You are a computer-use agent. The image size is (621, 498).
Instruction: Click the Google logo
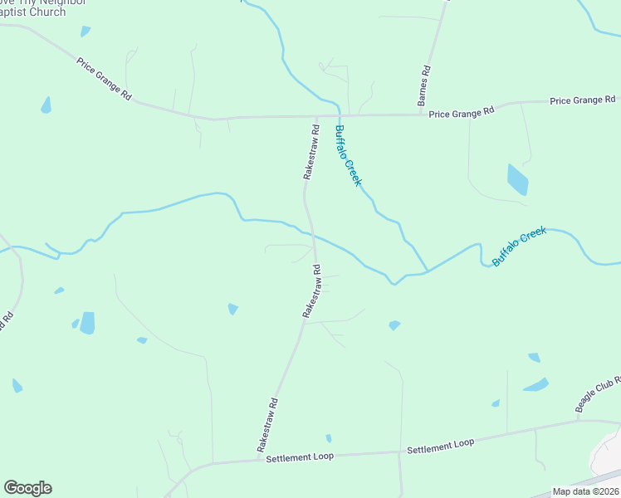[x=27, y=488]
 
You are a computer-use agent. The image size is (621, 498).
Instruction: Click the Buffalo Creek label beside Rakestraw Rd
[x=348, y=155]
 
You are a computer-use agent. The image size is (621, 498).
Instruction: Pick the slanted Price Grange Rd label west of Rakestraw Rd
[x=105, y=79]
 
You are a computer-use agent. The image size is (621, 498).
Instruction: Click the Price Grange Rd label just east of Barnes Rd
[x=462, y=112]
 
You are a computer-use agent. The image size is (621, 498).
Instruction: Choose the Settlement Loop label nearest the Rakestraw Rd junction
[x=301, y=457]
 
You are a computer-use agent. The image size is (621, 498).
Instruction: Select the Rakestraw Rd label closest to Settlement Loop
[x=267, y=424]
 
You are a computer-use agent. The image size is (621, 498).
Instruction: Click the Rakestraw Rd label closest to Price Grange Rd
[x=311, y=153]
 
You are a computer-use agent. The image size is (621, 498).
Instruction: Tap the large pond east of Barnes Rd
[x=517, y=178]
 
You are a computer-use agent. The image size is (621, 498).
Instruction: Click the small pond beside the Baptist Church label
[x=85, y=32]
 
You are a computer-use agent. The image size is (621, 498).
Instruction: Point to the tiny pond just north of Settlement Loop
[x=329, y=438]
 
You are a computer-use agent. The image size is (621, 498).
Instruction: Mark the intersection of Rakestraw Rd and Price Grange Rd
[x=317, y=116]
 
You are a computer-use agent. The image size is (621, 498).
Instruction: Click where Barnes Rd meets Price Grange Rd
[x=420, y=115]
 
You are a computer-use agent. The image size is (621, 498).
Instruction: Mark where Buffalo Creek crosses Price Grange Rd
[x=340, y=115]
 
